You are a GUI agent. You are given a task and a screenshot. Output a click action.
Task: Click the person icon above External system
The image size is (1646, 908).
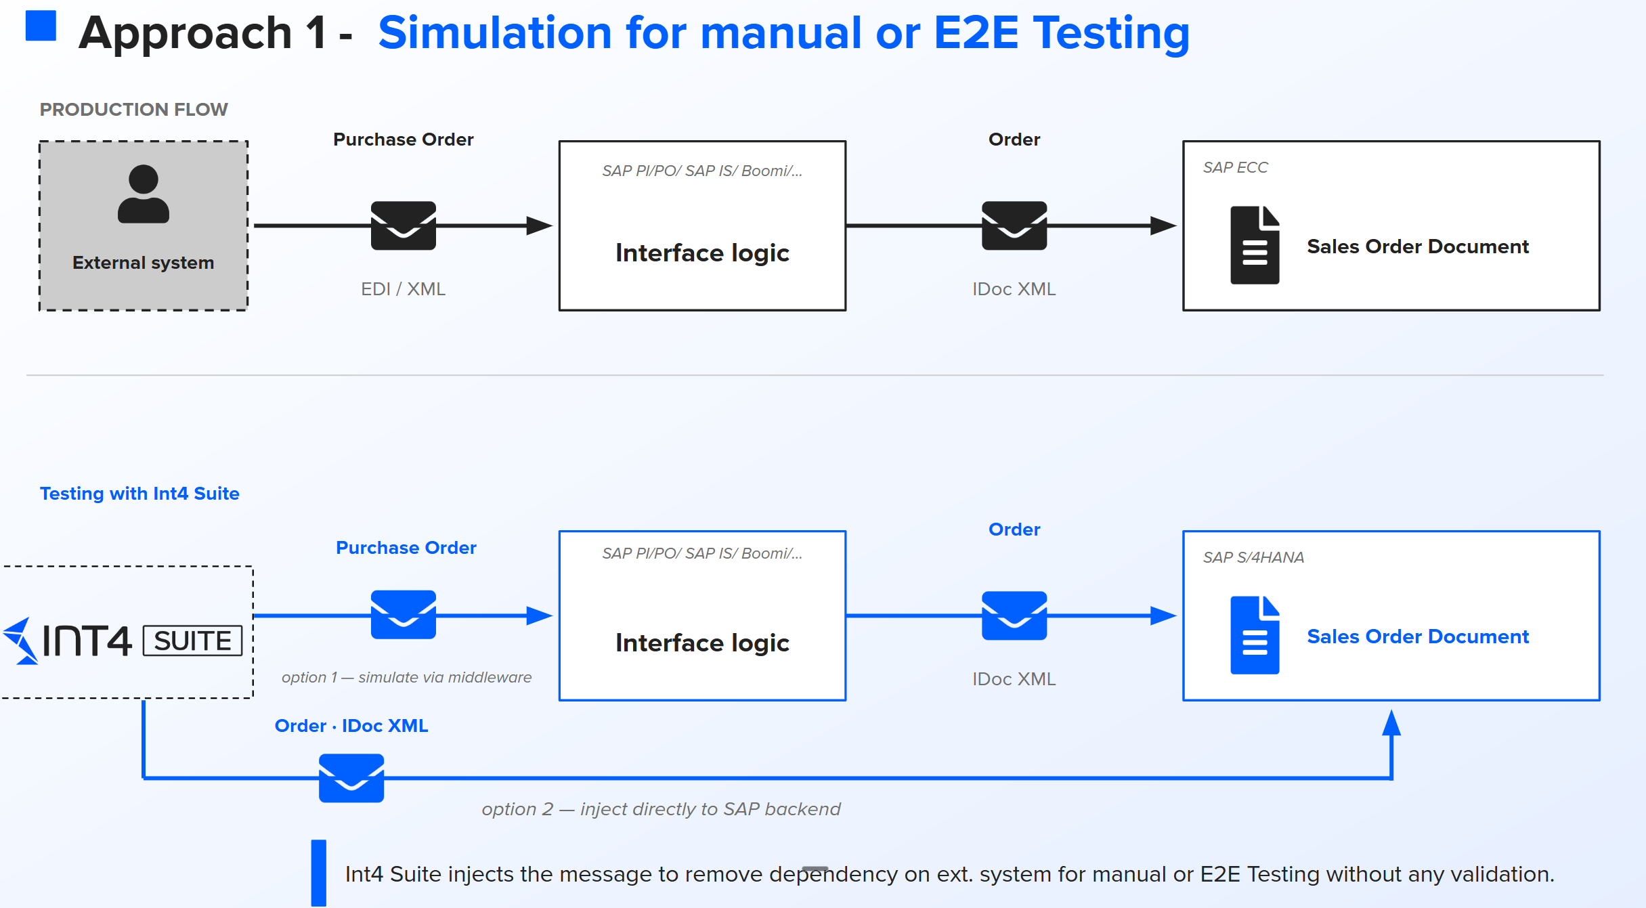coord(143,194)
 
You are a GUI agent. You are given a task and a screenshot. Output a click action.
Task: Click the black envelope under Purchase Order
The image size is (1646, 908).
coord(404,225)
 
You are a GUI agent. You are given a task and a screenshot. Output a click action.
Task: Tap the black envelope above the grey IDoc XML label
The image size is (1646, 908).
coord(1014,225)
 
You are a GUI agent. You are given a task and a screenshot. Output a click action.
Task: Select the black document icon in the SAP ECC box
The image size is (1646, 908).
coord(1255,245)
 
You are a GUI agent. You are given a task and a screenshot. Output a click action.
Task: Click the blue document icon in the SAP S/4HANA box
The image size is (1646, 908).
coord(1255,635)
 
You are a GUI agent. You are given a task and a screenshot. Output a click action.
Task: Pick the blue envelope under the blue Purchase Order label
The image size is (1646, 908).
coord(404,615)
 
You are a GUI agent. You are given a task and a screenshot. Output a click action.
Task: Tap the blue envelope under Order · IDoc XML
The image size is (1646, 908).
coord(351,778)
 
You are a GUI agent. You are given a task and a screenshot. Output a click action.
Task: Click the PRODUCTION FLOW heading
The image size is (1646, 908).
coord(134,110)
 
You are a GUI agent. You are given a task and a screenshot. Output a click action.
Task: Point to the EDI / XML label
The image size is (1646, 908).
coord(404,289)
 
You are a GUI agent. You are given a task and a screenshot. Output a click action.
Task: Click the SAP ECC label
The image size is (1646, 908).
coord(1236,167)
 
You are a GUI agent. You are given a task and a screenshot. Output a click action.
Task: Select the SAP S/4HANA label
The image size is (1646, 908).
coord(1253,557)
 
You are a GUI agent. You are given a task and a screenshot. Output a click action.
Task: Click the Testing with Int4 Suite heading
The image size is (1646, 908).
coord(139,494)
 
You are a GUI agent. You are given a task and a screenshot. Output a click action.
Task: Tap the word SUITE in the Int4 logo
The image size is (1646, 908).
coord(193,641)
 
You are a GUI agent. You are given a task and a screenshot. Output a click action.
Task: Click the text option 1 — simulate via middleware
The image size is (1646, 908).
coord(406,677)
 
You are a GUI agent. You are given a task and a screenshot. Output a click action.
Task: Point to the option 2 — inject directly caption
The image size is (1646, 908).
coord(662,809)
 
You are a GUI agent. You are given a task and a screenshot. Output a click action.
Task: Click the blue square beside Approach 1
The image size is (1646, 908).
coord(41,26)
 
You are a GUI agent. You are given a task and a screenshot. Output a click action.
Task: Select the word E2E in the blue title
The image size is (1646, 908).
coord(976,33)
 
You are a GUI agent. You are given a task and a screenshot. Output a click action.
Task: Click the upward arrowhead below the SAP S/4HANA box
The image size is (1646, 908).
coord(1391,722)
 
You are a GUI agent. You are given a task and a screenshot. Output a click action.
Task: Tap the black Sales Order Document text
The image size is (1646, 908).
coord(1418,246)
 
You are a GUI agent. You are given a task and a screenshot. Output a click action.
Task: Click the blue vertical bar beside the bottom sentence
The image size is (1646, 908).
coord(319,873)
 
